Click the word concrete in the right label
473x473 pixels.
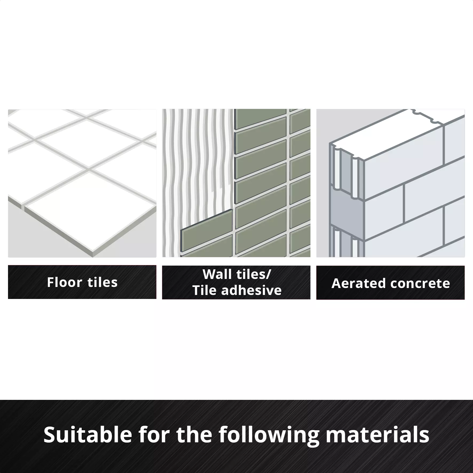coord(416,283)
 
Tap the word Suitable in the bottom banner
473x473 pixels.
coord(88,434)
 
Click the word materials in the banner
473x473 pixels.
coord(378,434)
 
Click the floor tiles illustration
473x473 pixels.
coord(82,183)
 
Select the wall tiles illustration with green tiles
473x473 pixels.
coord(236,183)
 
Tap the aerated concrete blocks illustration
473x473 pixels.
coord(391,183)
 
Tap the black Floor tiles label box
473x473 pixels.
coord(82,282)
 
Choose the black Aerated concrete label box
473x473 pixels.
coord(391,282)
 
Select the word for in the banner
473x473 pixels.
coord(154,434)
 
